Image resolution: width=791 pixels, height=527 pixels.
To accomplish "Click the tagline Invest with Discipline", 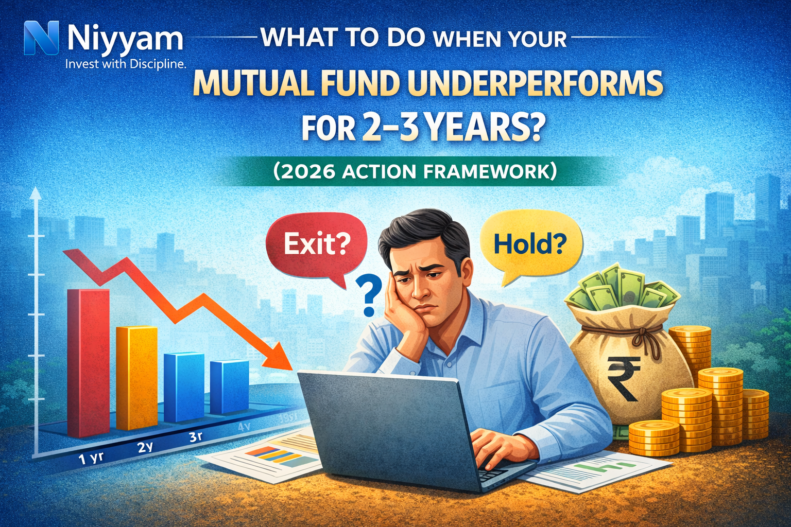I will coord(125,64).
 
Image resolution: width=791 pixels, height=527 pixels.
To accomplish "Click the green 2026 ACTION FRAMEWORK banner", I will coord(415,171).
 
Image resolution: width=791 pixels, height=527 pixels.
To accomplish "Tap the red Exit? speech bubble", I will coord(316,244).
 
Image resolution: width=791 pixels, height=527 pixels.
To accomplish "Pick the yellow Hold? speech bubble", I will coord(530,244).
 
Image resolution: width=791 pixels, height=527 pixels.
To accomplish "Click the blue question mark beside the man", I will coord(369,294).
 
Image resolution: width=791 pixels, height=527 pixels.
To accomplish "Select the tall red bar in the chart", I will coord(88,360).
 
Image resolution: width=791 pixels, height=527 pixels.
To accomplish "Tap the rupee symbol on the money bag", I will coord(623,378).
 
